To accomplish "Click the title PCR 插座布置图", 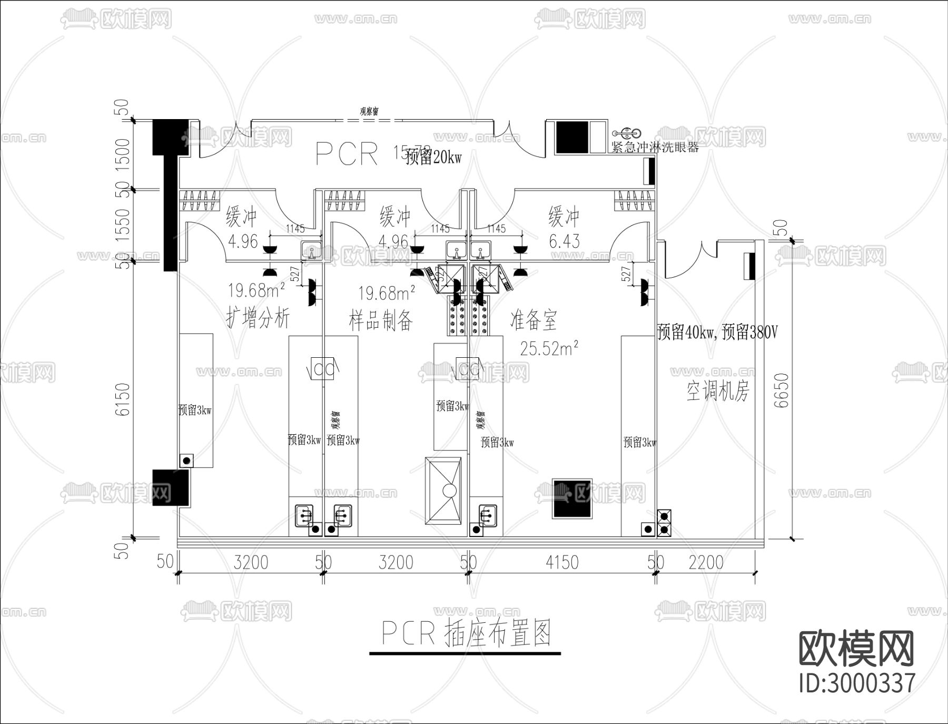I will pyautogui.click(x=466, y=633).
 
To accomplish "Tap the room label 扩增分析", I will pyautogui.click(x=258, y=318).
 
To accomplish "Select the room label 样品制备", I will pyautogui.click(x=380, y=320).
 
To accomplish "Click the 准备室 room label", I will pyautogui.click(x=533, y=320).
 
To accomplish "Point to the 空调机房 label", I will pyautogui.click(x=717, y=391).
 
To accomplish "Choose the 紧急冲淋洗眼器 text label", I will pyautogui.click(x=655, y=147).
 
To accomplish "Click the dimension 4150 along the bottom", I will pyautogui.click(x=562, y=562).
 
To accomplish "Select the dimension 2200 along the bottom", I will pyautogui.click(x=706, y=562).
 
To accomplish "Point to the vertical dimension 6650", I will pyautogui.click(x=782, y=390).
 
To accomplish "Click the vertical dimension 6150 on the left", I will pyautogui.click(x=122, y=399).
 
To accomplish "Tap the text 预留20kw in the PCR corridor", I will pyautogui.click(x=433, y=157).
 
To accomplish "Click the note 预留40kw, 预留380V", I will pyautogui.click(x=717, y=332).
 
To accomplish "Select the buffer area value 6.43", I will pyautogui.click(x=564, y=241).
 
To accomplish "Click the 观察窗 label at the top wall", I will pyautogui.click(x=369, y=111).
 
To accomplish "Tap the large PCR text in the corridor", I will pyautogui.click(x=347, y=154).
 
